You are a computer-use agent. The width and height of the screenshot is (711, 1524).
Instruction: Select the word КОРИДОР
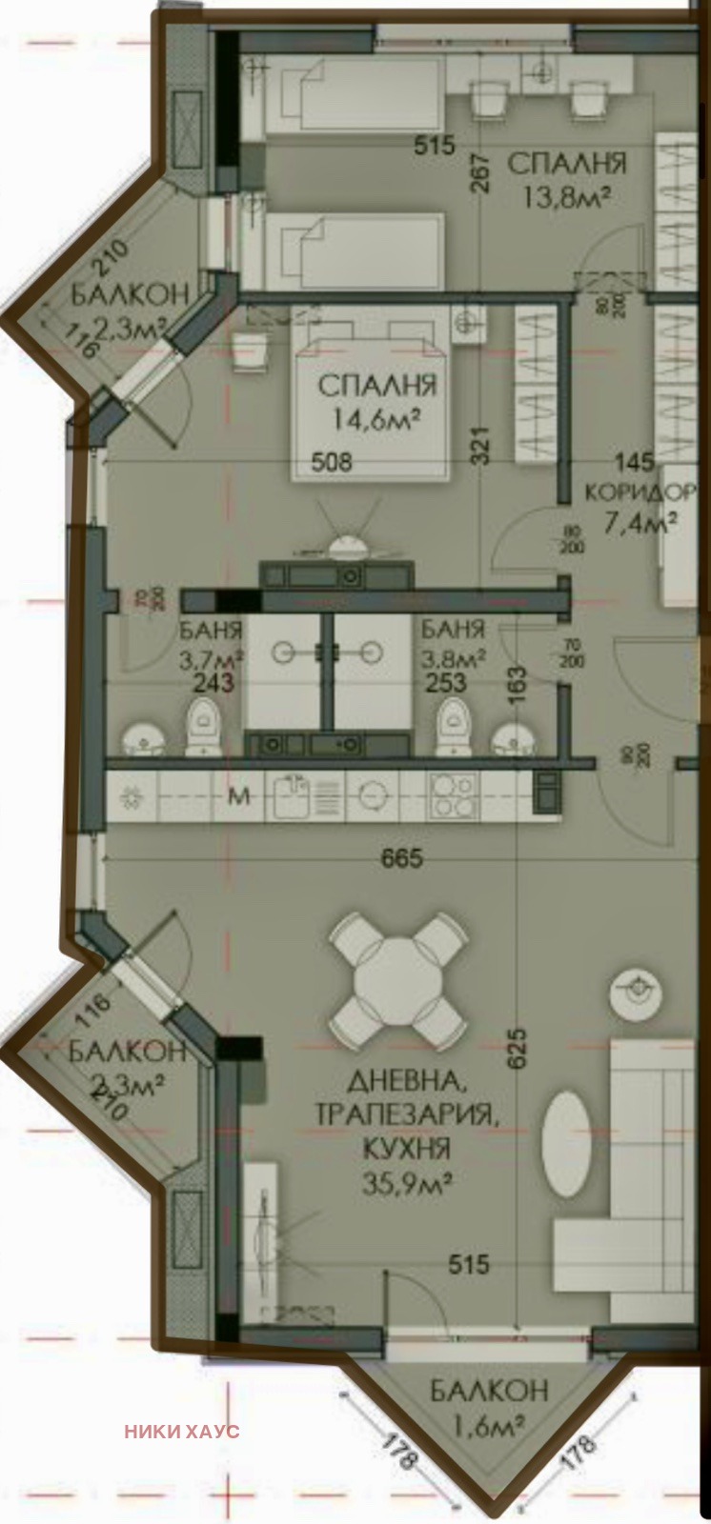(637, 492)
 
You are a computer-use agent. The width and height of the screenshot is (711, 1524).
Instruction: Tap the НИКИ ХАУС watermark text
(181, 1431)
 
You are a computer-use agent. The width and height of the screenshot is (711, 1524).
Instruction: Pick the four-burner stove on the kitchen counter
(451, 796)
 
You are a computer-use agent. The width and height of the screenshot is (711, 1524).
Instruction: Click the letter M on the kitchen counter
(240, 796)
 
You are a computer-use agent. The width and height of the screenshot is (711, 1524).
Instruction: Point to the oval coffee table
(567, 1143)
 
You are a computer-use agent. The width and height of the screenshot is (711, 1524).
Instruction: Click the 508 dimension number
(333, 463)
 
